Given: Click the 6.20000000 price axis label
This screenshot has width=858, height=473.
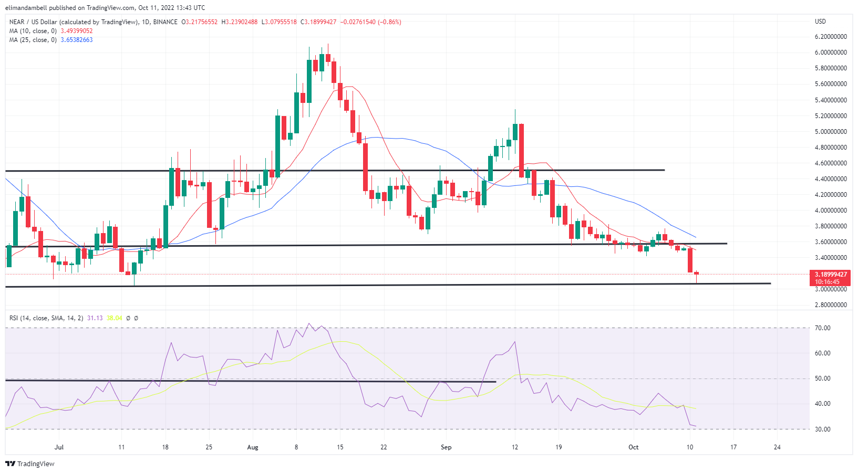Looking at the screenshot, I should point(830,37).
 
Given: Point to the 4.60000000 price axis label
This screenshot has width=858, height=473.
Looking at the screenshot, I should point(830,163).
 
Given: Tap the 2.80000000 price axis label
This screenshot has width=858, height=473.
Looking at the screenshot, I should point(830,305).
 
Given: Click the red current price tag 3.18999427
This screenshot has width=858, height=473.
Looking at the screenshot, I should point(831,275).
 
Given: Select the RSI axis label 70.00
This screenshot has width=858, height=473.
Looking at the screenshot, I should point(822,328).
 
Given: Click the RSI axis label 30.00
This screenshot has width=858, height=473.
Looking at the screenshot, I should point(822,429).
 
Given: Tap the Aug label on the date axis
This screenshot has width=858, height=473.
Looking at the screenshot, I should point(253,447).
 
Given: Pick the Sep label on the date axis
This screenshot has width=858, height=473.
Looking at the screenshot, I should point(446,447).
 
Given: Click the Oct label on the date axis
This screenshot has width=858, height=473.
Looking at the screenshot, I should point(634,447).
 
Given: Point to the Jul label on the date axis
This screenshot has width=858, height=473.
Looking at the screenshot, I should point(59,447).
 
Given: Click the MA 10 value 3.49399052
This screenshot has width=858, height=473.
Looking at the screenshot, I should point(77,31).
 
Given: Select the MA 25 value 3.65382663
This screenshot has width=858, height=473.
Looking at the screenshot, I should point(77,40).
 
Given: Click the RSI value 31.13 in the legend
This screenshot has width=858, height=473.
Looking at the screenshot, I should point(95,318).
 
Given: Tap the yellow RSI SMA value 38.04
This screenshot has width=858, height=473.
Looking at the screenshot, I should point(114,318).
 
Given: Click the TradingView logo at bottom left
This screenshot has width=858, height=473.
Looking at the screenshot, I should point(30,464).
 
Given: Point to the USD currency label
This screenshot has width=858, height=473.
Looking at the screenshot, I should point(820,22).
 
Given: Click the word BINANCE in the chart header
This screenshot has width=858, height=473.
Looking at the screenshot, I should point(165,22).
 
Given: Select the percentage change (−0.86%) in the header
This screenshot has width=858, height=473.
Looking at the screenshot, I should point(389,22).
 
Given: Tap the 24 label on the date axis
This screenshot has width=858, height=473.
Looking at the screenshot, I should point(777,447).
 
